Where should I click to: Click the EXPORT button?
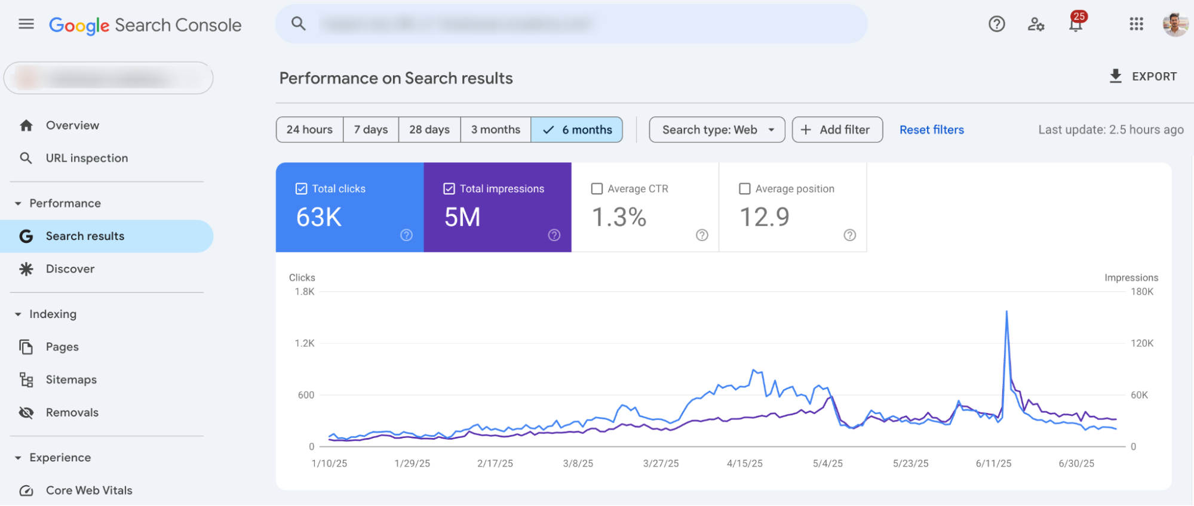pos(1143,76)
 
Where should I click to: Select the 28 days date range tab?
pos(429,129)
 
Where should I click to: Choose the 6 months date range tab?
pos(577,129)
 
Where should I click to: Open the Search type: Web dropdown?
pos(717,129)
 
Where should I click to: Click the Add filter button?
pos(837,129)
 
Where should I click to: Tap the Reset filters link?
pos(931,129)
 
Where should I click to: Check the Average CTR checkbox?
pos(597,189)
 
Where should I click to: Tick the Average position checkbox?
pos(745,189)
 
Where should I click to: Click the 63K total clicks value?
pos(319,217)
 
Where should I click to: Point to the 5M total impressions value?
pos(462,217)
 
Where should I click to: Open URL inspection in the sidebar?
pos(87,158)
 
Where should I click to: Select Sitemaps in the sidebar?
pos(71,379)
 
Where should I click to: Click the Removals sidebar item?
pos(72,412)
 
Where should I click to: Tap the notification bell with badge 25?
pos(1076,24)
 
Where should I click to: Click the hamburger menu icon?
pos(26,24)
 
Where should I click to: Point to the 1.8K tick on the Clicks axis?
pos(305,292)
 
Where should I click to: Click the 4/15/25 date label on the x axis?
pos(744,464)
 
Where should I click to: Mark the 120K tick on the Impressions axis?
pos(1142,343)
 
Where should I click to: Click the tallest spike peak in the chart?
pos(1006,311)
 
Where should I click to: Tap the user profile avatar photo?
pos(1175,24)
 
